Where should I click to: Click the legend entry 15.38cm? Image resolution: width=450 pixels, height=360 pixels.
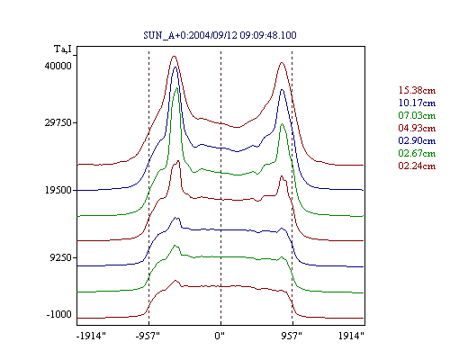(417, 90)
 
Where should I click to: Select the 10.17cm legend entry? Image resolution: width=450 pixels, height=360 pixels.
(417, 103)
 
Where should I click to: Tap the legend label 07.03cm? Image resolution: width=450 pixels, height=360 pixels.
(417, 115)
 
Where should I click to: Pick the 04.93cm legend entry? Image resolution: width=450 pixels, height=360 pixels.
(417, 128)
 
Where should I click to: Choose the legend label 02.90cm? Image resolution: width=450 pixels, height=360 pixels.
(417, 140)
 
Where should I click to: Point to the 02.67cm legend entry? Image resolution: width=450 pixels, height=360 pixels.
(417, 153)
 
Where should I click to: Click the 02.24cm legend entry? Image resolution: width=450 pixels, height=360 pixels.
(417, 166)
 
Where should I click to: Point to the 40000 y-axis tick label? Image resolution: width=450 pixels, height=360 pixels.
(58, 66)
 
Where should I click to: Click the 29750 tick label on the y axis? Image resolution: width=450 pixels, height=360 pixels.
(58, 122)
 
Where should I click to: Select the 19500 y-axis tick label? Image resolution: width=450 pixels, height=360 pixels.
(58, 190)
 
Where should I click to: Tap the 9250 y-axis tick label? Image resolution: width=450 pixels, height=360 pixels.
(61, 257)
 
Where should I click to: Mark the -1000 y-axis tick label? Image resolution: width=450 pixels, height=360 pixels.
(58, 314)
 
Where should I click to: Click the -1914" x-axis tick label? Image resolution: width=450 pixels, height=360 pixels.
(92, 336)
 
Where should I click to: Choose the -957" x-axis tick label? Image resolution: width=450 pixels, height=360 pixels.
(148, 336)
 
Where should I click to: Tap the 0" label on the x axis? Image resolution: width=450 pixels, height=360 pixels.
(220, 336)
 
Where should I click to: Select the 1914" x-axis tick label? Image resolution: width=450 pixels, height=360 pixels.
(351, 336)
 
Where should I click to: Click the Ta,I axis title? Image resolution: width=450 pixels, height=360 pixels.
(63, 49)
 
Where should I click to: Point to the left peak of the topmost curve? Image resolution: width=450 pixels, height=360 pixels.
(174, 56)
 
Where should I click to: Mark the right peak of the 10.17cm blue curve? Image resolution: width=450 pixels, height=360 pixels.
(282, 89)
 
